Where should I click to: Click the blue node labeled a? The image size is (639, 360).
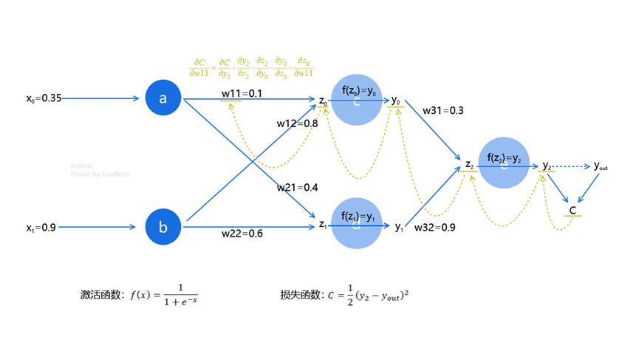click(x=163, y=98)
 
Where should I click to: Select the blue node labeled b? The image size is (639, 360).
click(x=163, y=227)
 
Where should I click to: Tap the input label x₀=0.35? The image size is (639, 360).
click(x=41, y=98)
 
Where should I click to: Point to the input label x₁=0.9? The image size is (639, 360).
click(x=39, y=228)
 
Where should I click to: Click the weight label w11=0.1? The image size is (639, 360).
click(x=242, y=94)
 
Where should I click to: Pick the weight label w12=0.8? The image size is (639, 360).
click(x=297, y=123)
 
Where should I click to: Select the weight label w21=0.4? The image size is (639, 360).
click(x=297, y=188)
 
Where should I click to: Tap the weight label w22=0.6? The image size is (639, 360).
click(x=242, y=234)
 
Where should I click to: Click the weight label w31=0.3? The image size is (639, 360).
click(x=443, y=110)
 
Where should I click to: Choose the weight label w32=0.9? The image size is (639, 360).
click(x=434, y=228)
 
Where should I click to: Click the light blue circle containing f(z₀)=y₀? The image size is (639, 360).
click(x=358, y=99)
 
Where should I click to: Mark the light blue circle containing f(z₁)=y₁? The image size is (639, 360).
click(x=358, y=223)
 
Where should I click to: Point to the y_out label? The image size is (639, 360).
click(x=601, y=166)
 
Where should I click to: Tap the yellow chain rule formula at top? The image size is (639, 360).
click(x=252, y=68)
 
